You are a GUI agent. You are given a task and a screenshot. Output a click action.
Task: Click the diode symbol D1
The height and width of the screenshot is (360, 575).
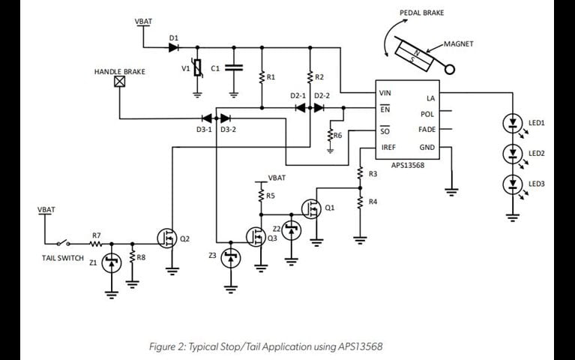coord(174,47)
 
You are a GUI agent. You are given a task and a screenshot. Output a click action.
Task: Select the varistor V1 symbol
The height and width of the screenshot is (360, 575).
coord(197,69)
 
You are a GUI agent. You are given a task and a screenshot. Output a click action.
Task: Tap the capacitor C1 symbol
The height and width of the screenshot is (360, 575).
coord(233,67)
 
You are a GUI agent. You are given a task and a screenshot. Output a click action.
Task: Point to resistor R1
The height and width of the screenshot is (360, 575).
coord(262,76)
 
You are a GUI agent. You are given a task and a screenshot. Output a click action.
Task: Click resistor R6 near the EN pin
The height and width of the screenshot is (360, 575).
coord(330,136)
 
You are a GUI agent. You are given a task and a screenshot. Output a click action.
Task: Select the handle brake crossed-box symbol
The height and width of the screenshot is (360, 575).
coord(118,85)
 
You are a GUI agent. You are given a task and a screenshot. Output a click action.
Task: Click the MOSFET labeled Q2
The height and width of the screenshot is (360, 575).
coord(166,238)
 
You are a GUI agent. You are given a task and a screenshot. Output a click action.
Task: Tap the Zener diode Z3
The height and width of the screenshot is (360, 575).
coord(231,258)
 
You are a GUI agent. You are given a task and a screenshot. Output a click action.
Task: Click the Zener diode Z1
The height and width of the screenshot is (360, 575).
coord(112,262)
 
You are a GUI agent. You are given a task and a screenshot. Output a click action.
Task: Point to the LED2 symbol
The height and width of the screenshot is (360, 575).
coord(513,153)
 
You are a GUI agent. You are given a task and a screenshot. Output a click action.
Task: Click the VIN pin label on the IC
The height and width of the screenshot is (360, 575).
coord(385,93)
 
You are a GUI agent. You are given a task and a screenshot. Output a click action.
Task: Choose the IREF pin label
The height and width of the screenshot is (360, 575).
coord(388,148)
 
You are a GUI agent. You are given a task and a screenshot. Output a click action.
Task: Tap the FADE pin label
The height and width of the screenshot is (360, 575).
coord(427,130)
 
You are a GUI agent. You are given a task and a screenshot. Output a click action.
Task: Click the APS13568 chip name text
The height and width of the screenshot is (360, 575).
coord(408,164)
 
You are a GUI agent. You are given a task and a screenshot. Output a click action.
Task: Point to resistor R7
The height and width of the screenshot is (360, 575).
coord(96,243)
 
